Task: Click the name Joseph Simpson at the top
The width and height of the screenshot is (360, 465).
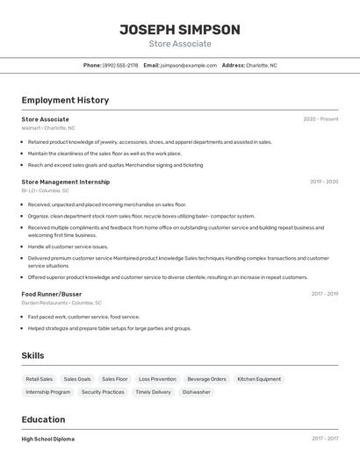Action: tap(180, 29)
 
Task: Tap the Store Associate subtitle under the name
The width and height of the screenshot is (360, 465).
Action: tap(180, 44)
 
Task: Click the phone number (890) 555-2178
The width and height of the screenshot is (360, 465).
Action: tap(120, 65)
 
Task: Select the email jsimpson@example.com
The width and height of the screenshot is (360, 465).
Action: tap(189, 65)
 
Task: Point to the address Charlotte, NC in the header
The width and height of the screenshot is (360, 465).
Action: tap(261, 65)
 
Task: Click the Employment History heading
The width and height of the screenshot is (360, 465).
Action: tap(65, 100)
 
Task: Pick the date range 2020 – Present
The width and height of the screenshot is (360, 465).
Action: tap(320, 118)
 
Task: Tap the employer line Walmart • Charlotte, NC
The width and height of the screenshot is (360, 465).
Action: tap(48, 128)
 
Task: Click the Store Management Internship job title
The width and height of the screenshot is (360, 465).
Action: tap(66, 182)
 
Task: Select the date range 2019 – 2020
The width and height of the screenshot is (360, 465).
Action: tap(324, 182)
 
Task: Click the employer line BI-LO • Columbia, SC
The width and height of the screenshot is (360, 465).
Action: tap(47, 190)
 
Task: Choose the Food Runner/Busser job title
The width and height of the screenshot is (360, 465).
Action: tap(52, 294)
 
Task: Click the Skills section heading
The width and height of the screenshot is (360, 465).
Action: tap(32, 355)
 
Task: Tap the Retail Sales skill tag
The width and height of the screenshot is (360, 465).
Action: tap(40, 379)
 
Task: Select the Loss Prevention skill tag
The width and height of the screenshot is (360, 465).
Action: tap(157, 379)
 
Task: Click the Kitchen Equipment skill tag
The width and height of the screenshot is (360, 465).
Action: tap(259, 379)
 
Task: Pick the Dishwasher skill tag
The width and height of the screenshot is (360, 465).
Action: tap(197, 392)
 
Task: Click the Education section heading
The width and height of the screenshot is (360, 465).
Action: tap(43, 419)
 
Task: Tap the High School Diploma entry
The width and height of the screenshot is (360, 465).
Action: tap(48, 439)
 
